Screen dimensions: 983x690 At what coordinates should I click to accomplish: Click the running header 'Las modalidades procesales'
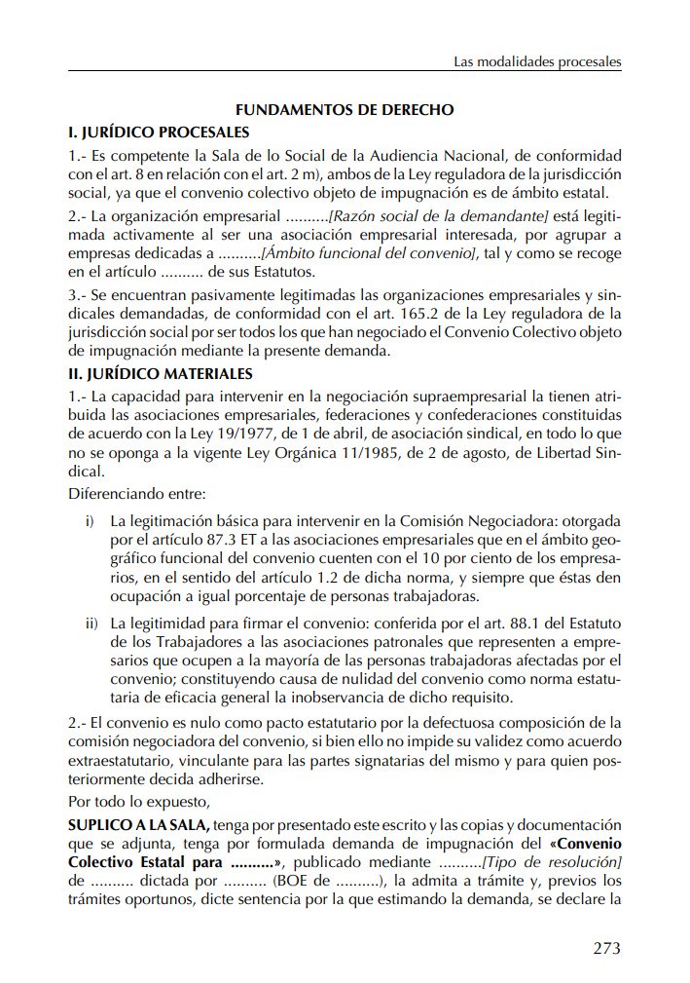click(x=537, y=62)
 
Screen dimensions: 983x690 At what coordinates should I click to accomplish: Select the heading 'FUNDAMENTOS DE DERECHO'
click(x=345, y=110)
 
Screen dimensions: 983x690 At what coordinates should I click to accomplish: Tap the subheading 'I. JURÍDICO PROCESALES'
click(x=158, y=132)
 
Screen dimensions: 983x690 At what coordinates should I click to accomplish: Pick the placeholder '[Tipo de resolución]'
click(x=553, y=863)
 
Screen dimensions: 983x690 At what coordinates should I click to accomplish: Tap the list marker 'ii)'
click(x=92, y=622)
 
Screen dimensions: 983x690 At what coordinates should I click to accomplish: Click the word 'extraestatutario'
click(x=122, y=760)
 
